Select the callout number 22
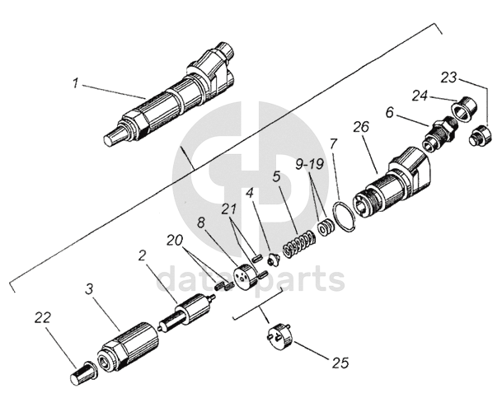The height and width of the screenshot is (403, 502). (43, 316)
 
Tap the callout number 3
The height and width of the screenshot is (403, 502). (90, 289)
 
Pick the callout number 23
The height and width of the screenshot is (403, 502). (448, 77)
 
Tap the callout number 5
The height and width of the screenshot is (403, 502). (278, 177)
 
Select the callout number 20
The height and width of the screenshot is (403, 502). (174, 240)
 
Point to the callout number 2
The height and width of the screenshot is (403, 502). (143, 256)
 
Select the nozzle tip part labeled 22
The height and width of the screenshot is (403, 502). (82, 377)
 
